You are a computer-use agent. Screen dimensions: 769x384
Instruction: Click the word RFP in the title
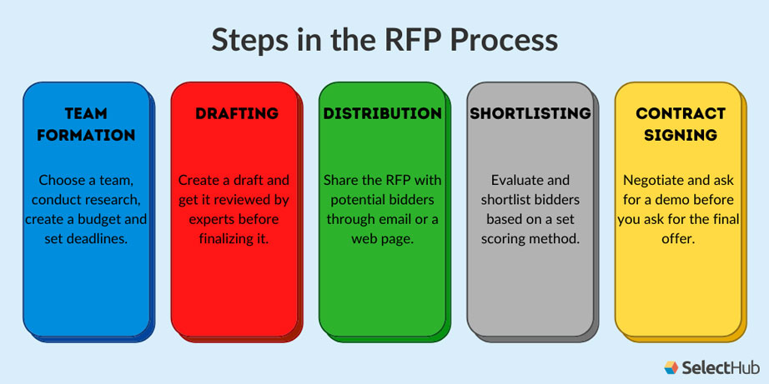click(x=410, y=40)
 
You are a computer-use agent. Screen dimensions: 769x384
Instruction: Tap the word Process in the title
click(x=504, y=40)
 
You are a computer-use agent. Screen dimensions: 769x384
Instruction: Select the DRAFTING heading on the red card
click(x=237, y=113)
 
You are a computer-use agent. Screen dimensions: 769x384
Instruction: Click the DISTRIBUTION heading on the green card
click(x=382, y=113)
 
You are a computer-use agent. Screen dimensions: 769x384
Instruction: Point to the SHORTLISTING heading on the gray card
click(x=530, y=113)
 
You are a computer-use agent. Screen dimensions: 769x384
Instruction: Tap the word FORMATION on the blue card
click(x=86, y=135)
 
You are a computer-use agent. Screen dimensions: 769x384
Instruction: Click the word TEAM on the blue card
click(x=86, y=113)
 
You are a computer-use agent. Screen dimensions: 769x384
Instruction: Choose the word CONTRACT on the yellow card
click(x=681, y=113)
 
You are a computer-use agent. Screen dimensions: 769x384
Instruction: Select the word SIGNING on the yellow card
click(x=681, y=135)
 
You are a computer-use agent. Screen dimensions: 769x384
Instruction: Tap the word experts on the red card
click(x=209, y=219)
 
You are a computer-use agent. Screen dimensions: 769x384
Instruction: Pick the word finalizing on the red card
click(x=224, y=240)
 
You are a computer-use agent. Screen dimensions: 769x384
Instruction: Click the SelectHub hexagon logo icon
click(x=671, y=367)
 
